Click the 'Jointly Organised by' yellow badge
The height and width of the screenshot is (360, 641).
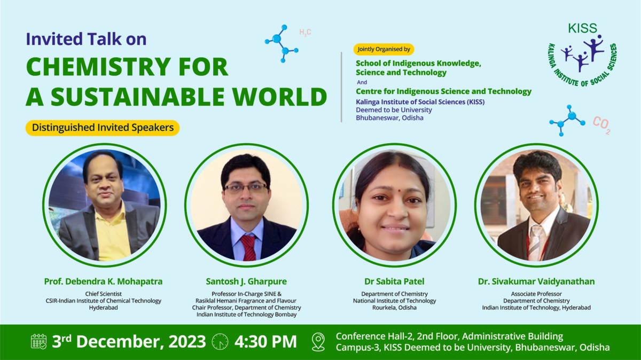coord(384,49)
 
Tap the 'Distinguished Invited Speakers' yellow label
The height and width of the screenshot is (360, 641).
coord(103,128)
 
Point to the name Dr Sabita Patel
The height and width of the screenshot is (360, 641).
coord(394,281)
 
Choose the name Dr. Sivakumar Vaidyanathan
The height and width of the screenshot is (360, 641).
coord(536,281)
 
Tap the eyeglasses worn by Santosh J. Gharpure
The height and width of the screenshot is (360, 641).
coord(246,187)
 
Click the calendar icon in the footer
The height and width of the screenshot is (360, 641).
coord(39,341)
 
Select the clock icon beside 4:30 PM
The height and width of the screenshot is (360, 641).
coord(220,341)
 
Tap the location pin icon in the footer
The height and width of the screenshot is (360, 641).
coord(318,341)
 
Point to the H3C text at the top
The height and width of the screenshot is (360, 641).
coord(305,33)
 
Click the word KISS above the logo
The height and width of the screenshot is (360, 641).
coord(583,28)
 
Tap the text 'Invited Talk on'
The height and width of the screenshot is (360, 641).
coord(86,39)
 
